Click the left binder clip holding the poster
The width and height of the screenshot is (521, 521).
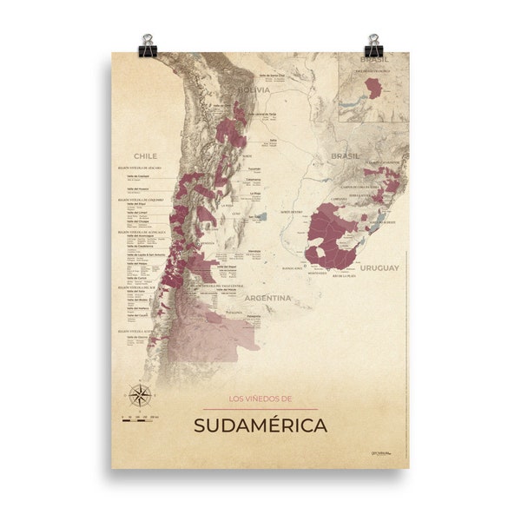[147, 45]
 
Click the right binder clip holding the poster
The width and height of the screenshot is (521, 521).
[374, 45]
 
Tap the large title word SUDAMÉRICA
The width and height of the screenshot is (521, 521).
[260, 425]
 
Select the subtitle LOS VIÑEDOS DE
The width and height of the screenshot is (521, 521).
[260, 399]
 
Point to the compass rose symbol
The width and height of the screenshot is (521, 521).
[139, 395]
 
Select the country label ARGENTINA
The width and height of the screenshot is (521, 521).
[267, 297]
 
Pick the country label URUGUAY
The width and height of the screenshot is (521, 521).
[379, 267]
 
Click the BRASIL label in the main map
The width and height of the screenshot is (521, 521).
[345, 156]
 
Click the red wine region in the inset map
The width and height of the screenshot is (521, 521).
[373, 88]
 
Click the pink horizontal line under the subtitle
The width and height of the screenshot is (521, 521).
[260, 409]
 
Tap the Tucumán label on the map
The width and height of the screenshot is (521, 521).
[253, 168]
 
